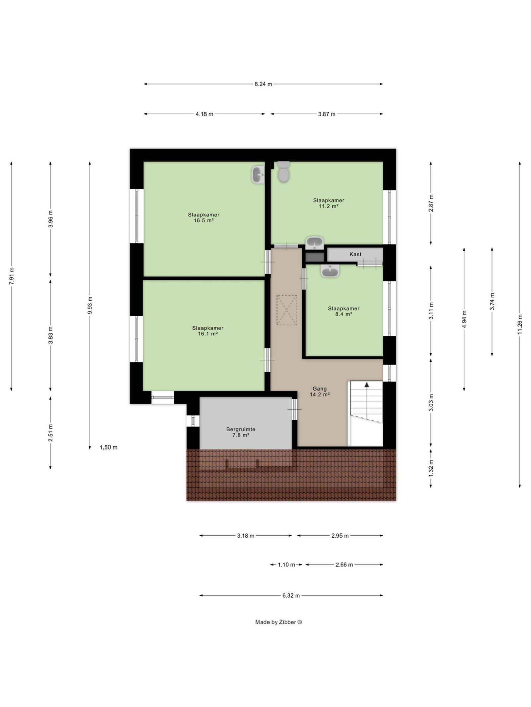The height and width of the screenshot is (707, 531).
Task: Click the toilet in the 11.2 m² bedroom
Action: [x=283, y=172]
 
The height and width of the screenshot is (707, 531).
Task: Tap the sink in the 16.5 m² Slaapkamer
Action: [x=258, y=175]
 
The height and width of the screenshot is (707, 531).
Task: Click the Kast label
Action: [x=355, y=254]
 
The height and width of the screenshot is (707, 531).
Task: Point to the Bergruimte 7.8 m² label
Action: [x=241, y=432]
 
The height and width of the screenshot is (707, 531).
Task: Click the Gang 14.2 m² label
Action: [x=319, y=391]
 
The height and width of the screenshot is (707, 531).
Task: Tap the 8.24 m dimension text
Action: [x=263, y=84]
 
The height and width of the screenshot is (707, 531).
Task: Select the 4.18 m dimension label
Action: [x=204, y=114]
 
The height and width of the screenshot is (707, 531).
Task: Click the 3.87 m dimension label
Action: [x=327, y=114]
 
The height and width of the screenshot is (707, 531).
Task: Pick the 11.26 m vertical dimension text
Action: [x=520, y=324]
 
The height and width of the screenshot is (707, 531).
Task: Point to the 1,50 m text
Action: [x=109, y=447]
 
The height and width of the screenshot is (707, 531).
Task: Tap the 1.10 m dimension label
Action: [x=286, y=565]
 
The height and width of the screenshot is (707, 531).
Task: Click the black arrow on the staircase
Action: [x=367, y=385]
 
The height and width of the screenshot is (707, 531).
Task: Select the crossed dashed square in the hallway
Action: [x=287, y=310]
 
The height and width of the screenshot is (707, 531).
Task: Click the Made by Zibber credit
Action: [x=278, y=622]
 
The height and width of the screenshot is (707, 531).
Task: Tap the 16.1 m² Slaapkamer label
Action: [x=207, y=331]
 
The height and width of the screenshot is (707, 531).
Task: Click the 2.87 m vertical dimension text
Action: [x=431, y=203]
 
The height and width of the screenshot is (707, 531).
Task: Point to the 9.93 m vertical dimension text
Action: [x=90, y=305]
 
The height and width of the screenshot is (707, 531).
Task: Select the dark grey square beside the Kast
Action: [x=314, y=257]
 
